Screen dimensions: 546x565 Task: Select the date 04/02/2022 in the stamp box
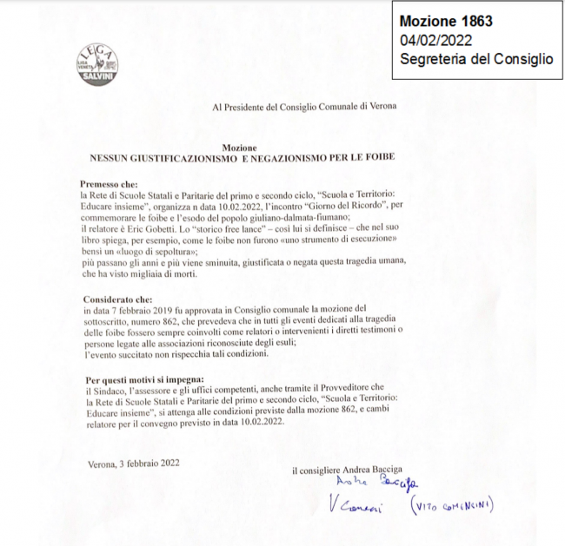point(436,40)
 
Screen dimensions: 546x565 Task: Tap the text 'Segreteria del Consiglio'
point(475,59)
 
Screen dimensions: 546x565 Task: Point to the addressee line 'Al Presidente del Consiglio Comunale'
point(305,107)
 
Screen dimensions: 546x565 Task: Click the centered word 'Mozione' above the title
point(239,148)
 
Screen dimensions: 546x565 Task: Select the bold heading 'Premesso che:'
point(110,185)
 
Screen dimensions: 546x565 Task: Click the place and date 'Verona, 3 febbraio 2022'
point(135,464)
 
